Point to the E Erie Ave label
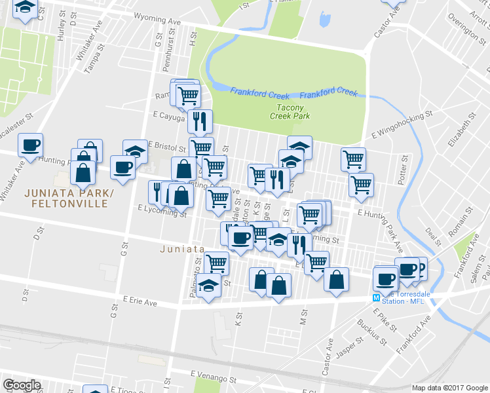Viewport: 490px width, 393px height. pos(140,301)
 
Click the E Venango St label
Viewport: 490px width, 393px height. pos(214,378)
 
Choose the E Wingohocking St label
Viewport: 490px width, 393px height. pos(402,124)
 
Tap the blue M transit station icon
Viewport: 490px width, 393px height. pos(376,297)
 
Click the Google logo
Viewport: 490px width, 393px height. pos(22,385)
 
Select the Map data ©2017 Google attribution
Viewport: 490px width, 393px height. pos(449,387)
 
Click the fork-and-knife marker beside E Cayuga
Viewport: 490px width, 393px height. pos(200,121)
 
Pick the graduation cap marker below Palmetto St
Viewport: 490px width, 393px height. pos(209,286)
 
